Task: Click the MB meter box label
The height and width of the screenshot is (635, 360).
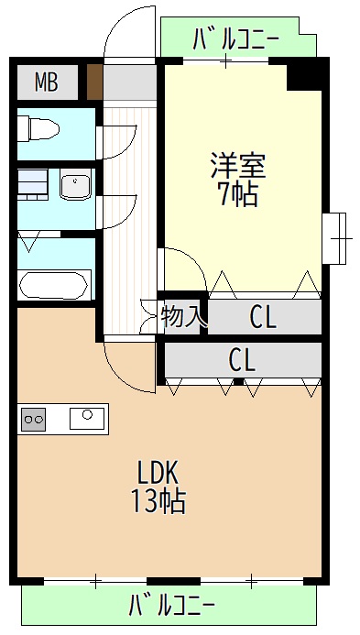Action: pyautogui.click(x=46, y=82)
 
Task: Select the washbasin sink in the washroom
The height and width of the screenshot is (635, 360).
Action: pyautogui.click(x=75, y=186)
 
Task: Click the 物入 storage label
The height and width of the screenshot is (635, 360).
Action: pyautogui.click(x=181, y=316)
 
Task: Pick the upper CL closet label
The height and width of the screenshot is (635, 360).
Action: pyautogui.click(x=264, y=317)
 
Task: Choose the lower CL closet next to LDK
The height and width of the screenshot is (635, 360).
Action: pyautogui.click(x=242, y=360)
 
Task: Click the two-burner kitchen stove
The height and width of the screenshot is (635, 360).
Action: pyautogui.click(x=35, y=420)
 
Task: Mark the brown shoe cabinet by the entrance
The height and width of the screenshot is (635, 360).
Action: pyautogui.click(x=94, y=82)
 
